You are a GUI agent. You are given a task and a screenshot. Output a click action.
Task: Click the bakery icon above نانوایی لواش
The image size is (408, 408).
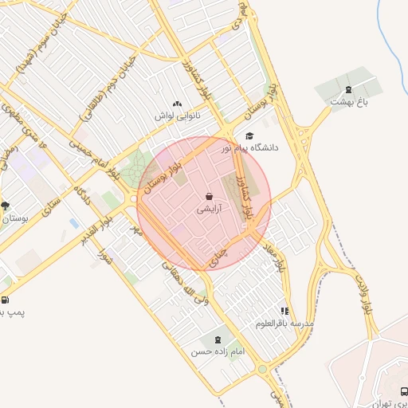click(x=177, y=104)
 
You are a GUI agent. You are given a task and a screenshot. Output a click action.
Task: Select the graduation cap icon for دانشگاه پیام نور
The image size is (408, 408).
click(x=249, y=136)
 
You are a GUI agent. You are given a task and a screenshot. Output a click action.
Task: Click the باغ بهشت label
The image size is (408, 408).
click(x=351, y=101)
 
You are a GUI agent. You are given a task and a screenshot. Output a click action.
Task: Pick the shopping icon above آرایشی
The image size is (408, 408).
click(x=209, y=196)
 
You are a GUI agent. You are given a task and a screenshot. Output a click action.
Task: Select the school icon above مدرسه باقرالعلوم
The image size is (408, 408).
click(x=284, y=312)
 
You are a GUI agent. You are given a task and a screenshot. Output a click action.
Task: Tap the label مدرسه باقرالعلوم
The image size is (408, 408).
click(x=285, y=324)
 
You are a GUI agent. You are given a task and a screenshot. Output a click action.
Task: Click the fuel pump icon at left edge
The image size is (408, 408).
click(x=6, y=300)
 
